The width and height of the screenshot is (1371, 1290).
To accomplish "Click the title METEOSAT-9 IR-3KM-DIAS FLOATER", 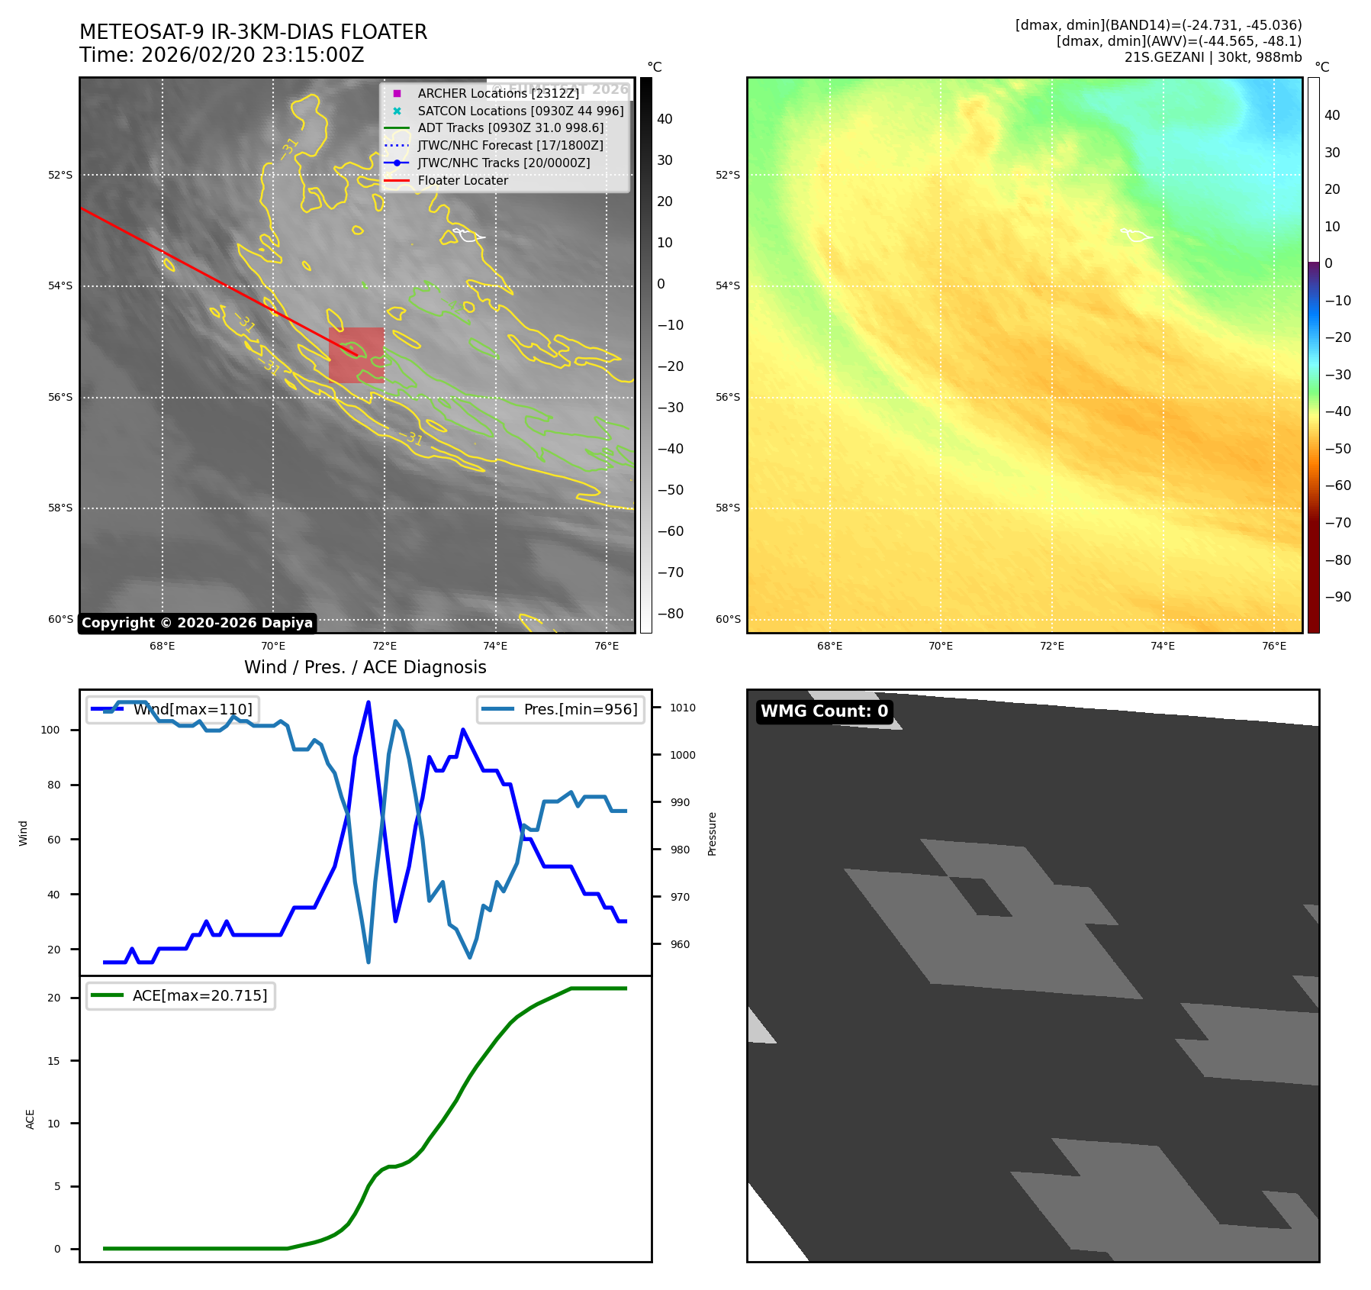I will [x=253, y=32].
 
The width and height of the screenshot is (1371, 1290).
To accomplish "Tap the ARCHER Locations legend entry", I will [x=498, y=93].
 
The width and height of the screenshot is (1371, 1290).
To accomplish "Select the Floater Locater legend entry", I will [x=462, y=180].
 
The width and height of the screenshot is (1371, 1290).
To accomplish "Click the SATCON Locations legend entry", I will [x=520, y=111].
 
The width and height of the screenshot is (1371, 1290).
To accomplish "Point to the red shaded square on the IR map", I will [x=356, y=355].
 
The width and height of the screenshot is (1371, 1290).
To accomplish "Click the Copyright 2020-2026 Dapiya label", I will [x=197, y=623].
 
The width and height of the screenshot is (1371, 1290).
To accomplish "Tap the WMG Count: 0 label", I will [x=824, y=711].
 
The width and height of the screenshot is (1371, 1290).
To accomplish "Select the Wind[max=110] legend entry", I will [x=192, y=709].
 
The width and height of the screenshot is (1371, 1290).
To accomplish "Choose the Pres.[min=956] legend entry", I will [x=580, y=709].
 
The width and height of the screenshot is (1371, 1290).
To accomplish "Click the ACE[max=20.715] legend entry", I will [x=200, y=995].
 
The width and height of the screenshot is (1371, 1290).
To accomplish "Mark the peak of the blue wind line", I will [x=368, y=702].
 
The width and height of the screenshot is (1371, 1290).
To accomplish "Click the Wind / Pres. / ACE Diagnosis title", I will [x=365, y=667].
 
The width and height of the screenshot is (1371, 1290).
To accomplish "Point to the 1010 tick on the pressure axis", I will [x=682, y=708].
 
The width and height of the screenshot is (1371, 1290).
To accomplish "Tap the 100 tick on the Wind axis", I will [x=50, y=730].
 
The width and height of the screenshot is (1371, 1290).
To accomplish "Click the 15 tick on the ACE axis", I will [x=53, y=1061].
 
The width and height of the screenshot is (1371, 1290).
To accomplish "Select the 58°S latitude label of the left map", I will [x=60, y=508].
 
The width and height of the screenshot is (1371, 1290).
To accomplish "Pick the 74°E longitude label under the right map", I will [x=1162, y=646].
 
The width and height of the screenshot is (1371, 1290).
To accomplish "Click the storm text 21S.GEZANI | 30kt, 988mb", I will [x=1212, y=57].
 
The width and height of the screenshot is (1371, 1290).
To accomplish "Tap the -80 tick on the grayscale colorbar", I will [x=671, y=614].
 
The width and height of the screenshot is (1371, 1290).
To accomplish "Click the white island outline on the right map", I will [x=1136, y=235].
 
